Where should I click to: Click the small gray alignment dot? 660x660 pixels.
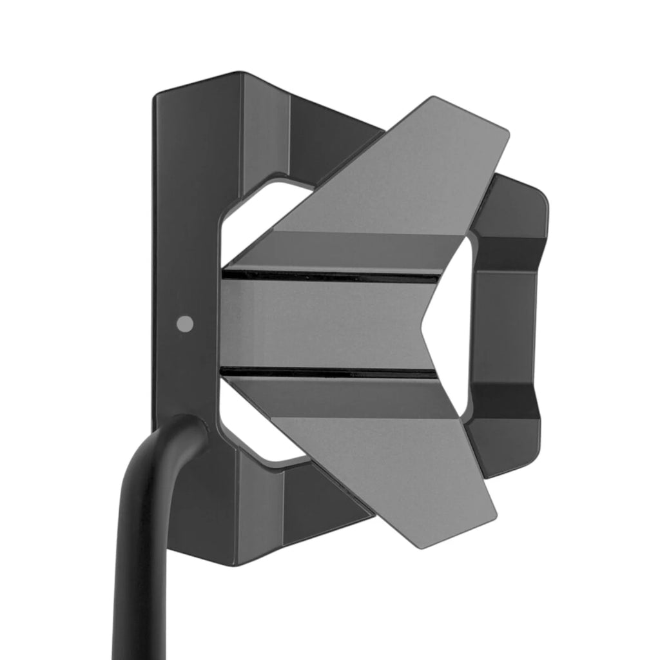click(x=185, y=324)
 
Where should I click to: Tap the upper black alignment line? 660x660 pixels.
click(x=329, y=275)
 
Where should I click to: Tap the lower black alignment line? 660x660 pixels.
click(x=329, y=372)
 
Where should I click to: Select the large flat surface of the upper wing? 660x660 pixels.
click(x=400, y=180)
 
